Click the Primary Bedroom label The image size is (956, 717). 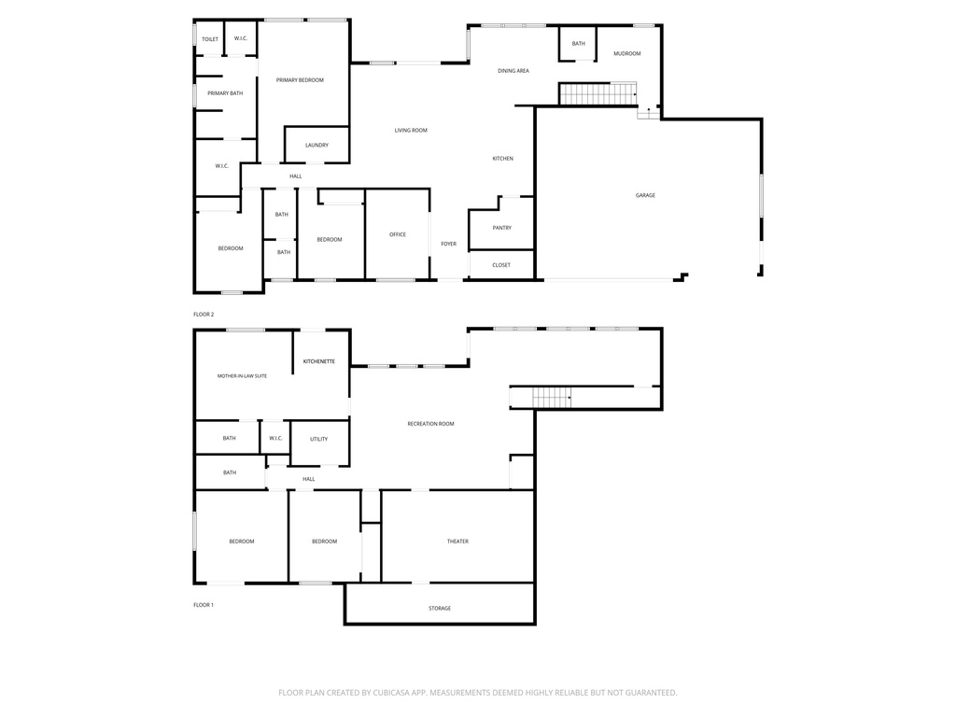click(300, 80)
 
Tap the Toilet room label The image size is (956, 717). click(210, 39)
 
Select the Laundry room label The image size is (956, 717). click(317, 145)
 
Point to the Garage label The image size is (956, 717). click(646, 195)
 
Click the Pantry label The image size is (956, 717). click(502, 228)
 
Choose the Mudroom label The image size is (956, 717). click(627, 53)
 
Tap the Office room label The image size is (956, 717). click(398, 234)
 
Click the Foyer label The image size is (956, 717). click(449, 244)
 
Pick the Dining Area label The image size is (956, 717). click(513, 71)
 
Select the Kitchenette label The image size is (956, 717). click(319, 361)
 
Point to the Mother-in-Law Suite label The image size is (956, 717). click(242, 376)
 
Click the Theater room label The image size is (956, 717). click(457, 541)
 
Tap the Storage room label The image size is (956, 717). click(440, 609)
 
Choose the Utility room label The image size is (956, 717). click(319, 439)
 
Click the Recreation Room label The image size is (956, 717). click(431, 424)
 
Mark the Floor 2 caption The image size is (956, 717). click(204, 315)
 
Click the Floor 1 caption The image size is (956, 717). click(204, 605)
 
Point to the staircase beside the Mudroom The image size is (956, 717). click(598, 94)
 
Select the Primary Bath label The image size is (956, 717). click(225, 93)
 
